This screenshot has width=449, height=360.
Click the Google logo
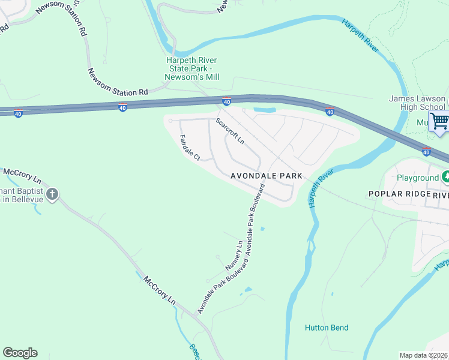coord(20,353)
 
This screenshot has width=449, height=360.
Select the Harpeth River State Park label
coord(192,69)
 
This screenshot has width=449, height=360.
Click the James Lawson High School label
coord(417,103)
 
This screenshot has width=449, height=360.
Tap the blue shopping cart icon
coord(439,121)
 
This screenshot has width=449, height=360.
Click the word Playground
coord(418,178)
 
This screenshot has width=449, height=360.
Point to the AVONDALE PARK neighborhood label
coord(266,176)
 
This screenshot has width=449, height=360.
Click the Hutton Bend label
coord(327,328)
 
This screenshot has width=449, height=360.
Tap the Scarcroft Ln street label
coord(231,131)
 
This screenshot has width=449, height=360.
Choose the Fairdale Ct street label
coord(190,148)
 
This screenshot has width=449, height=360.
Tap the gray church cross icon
coord(52,194)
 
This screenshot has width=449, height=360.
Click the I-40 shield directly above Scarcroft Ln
coord(226,102)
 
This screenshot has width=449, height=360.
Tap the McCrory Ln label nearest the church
coord(22,176)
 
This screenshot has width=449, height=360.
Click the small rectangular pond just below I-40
coord(265,110)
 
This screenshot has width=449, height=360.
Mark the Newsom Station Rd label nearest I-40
coord(118,83)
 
